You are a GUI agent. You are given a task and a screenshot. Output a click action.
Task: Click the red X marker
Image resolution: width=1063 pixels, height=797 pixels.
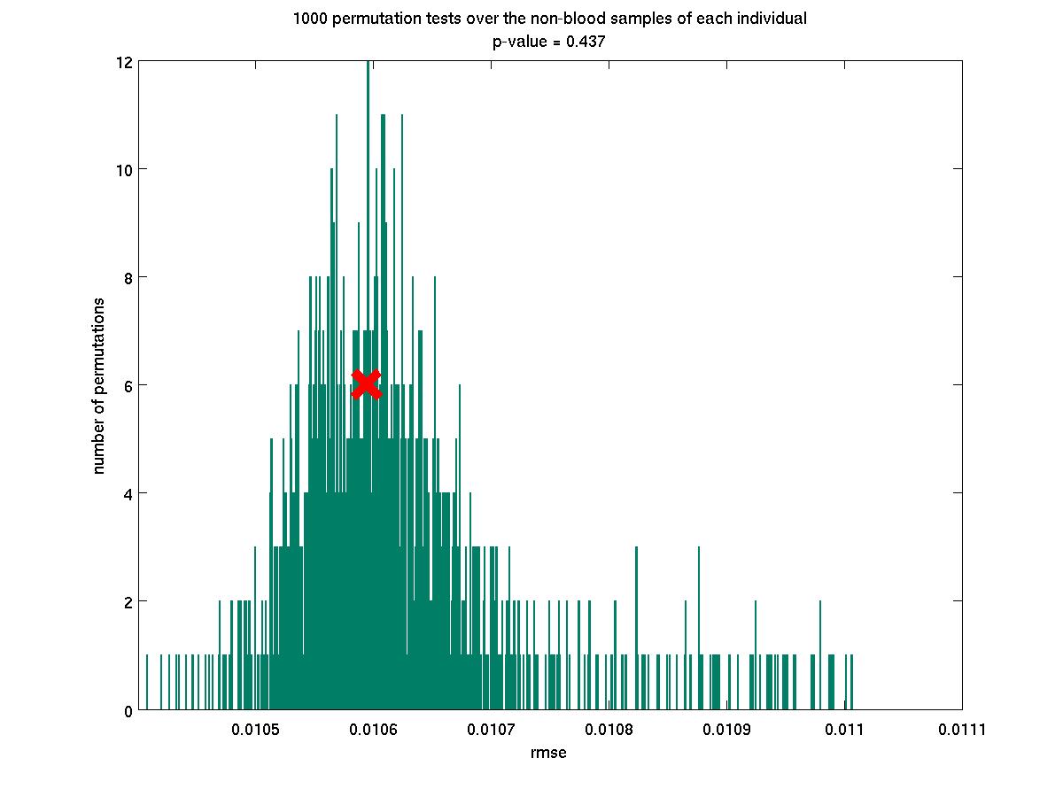pos(366,383)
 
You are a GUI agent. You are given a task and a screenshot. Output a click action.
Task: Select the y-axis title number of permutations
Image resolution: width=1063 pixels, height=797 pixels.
pos(99,385)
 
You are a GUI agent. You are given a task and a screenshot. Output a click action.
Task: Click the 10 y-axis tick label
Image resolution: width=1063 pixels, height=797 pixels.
pos(123,170)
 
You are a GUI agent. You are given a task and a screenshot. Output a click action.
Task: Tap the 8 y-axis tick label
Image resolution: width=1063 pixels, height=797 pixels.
pos(128,278)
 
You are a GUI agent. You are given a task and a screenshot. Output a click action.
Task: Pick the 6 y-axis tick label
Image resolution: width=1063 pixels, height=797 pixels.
pos(128,385)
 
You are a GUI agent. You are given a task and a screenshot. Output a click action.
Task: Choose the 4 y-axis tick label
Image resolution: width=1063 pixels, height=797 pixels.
pos(128,493)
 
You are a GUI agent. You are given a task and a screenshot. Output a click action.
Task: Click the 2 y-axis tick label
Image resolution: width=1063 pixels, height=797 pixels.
pos(128,602)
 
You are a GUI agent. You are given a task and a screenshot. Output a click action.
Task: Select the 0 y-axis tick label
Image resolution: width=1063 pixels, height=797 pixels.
pos(128,710)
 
